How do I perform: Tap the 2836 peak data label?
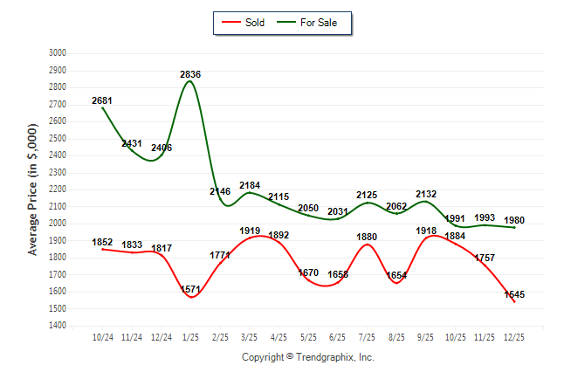190,75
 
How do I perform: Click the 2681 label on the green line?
102,101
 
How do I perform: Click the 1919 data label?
250,231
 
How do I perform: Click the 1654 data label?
395,276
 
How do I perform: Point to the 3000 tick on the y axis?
57,53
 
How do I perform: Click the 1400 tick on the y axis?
57,326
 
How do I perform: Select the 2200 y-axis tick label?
57,189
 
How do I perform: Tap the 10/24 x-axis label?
103,336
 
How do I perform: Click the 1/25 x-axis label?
190,336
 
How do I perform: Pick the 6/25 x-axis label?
337,336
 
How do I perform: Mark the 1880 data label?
367,237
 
